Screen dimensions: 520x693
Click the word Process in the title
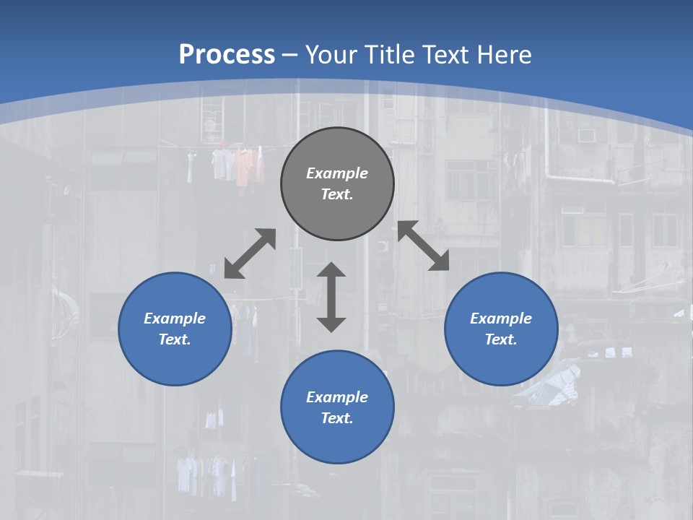click(x=227, y=55)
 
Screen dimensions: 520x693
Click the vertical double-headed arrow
click(x=331, y=297)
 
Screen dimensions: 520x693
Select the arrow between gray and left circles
click(x=250, y=253)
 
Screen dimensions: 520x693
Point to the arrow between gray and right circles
click(x=424, y=246)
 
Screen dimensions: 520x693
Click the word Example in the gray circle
click(x=337, y=173)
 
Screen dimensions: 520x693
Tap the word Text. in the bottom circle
click(x=337, y=418)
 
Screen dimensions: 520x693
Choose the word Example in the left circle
click(x=175, y=318)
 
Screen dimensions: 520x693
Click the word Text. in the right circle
click(x=501, y=339)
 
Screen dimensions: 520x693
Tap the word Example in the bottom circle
click(x=337, y=397)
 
